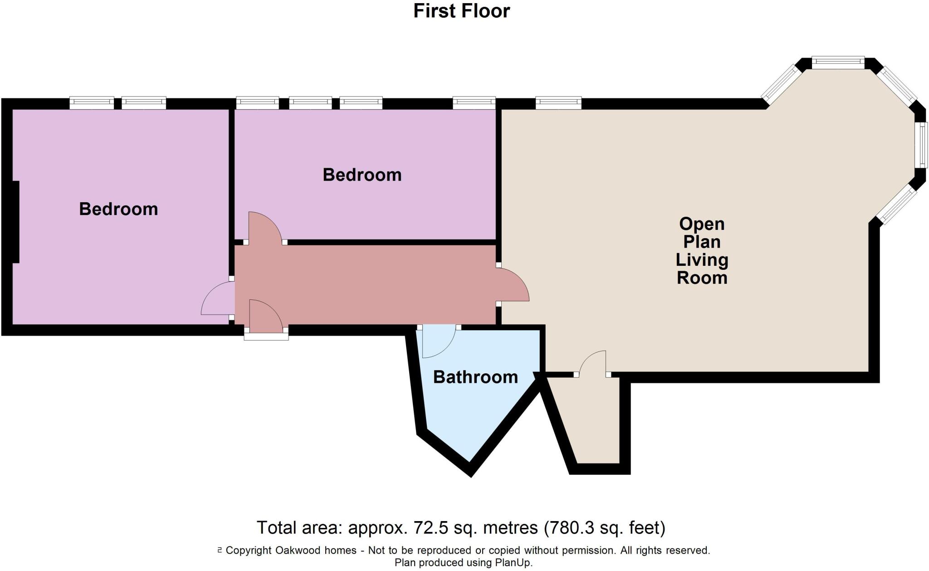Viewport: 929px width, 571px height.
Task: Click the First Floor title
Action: coord(461,11)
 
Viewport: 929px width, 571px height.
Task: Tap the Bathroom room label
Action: coord(475,377)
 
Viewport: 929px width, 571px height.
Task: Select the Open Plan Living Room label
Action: coord(702,251)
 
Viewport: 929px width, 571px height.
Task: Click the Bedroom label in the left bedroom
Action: coord(118,209)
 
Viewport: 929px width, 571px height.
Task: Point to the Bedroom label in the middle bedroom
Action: coord(362,175)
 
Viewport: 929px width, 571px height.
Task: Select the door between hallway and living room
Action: coord(513,285)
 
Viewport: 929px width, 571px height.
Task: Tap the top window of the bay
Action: coord(838,63)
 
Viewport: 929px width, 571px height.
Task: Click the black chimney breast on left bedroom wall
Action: coord(15,222)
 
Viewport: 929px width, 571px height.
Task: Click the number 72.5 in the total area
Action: coord(429,528)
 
